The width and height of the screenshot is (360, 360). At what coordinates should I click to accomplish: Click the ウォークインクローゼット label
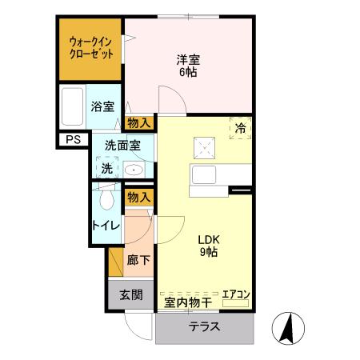coord(90,47)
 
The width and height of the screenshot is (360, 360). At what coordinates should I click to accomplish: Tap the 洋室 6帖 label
coord(188,64)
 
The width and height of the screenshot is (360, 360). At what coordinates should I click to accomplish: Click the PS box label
coord(73,141)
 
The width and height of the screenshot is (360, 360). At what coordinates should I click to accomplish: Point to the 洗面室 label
coord(122,145)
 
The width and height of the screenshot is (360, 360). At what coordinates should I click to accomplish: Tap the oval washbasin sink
coord(133,170)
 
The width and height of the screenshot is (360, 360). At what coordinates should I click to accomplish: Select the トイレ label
coord(106,225)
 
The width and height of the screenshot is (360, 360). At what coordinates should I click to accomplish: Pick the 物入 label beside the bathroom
coord(139,122)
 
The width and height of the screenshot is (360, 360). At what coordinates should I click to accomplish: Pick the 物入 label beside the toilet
coord(139,197)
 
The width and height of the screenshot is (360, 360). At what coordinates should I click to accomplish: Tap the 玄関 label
coord(131,294)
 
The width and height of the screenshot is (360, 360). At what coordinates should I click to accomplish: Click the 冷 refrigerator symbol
coord(240,127)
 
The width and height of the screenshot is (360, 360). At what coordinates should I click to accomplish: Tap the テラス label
coord(206,328)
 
